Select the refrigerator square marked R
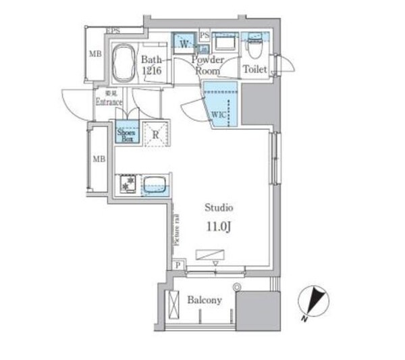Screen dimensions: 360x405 point(155,134)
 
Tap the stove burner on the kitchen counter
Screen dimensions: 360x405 point(127,183)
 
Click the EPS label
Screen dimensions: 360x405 point(113,31)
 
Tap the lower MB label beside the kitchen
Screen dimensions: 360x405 point(99,159)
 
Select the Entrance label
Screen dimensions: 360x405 point(108,102)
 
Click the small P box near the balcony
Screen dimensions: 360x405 point(178,265)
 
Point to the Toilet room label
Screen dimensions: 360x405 point(255,70)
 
